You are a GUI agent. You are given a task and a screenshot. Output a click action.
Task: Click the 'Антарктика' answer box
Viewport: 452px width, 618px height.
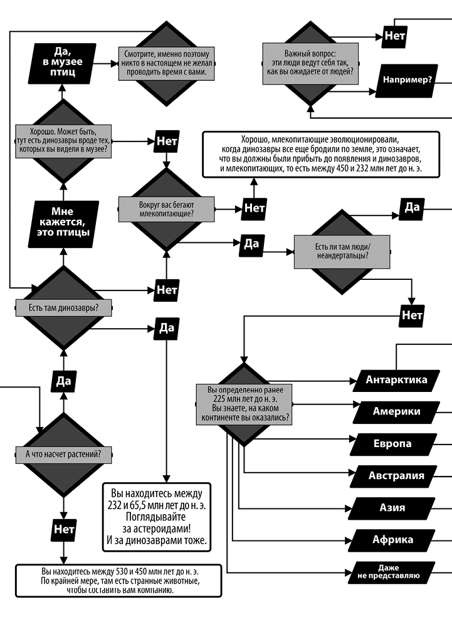(x=396, y=379)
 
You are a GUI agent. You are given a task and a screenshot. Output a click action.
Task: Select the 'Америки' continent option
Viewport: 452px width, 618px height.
(x=396, y=411)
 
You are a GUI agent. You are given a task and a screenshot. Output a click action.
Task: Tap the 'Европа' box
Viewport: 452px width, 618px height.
(x=392, y=444)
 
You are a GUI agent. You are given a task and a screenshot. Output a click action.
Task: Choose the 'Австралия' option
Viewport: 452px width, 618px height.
(x=396, y=476)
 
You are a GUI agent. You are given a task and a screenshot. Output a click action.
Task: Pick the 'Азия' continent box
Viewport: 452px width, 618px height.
(x=392, y=508)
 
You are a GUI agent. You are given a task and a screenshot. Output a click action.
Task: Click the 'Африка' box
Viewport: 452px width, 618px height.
(x=392, y=540)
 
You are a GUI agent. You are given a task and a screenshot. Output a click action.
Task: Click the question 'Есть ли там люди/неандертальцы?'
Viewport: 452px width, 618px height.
(x=342, y=250)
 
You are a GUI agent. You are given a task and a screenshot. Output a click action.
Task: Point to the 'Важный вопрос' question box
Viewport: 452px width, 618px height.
(x=310, y=63)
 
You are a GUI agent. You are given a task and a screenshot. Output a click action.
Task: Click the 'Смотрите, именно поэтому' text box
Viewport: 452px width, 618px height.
(x=166, y=62)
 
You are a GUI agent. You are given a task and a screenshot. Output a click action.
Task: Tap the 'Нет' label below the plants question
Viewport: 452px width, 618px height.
(x=63, y=530)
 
